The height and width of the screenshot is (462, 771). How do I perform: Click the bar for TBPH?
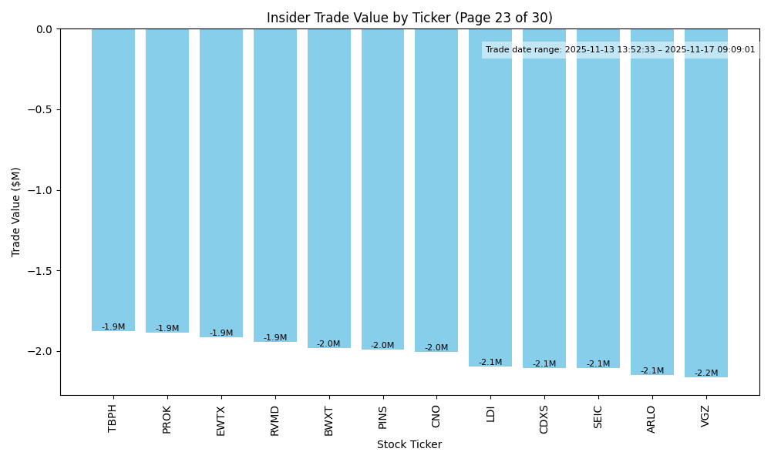pyautogui.click(x=113, y=180)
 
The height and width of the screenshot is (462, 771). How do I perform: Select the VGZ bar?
pyautogui.click(x=705, y=203)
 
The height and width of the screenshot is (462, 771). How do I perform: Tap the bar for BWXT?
pyautogui.click(x=329, y=189)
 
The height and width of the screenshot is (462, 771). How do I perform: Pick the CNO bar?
pyautogui.click(x=436, y=190)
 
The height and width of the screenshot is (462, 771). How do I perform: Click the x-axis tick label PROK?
pyautogui.click(x=167, y=419)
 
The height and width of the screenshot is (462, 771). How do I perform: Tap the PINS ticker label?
pyautogui.click(x=382, y=418)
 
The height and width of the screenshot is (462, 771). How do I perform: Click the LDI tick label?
pyautogui.click(x=490, y=414)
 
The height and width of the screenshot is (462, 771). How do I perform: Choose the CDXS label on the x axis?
pyautogui.click(x=544, y=420)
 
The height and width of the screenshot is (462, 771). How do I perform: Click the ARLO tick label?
pyautogui.click(x=652, y=419)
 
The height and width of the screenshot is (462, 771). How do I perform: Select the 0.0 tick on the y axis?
pyautogui.click(x=43, y=29)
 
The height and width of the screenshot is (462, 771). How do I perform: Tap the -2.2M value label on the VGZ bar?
pyautogui.click(x=705, y=373)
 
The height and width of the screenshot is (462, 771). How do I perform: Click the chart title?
pyautogui.click(x=409, y=18)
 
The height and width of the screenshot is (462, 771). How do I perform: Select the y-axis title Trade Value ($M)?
pyautogui.click(x=16, y=212)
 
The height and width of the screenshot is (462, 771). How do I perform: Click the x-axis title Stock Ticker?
pyautogui.click(x=409, y=444)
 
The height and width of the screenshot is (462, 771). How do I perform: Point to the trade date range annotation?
pyautogui.click(x=621, y=50)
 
